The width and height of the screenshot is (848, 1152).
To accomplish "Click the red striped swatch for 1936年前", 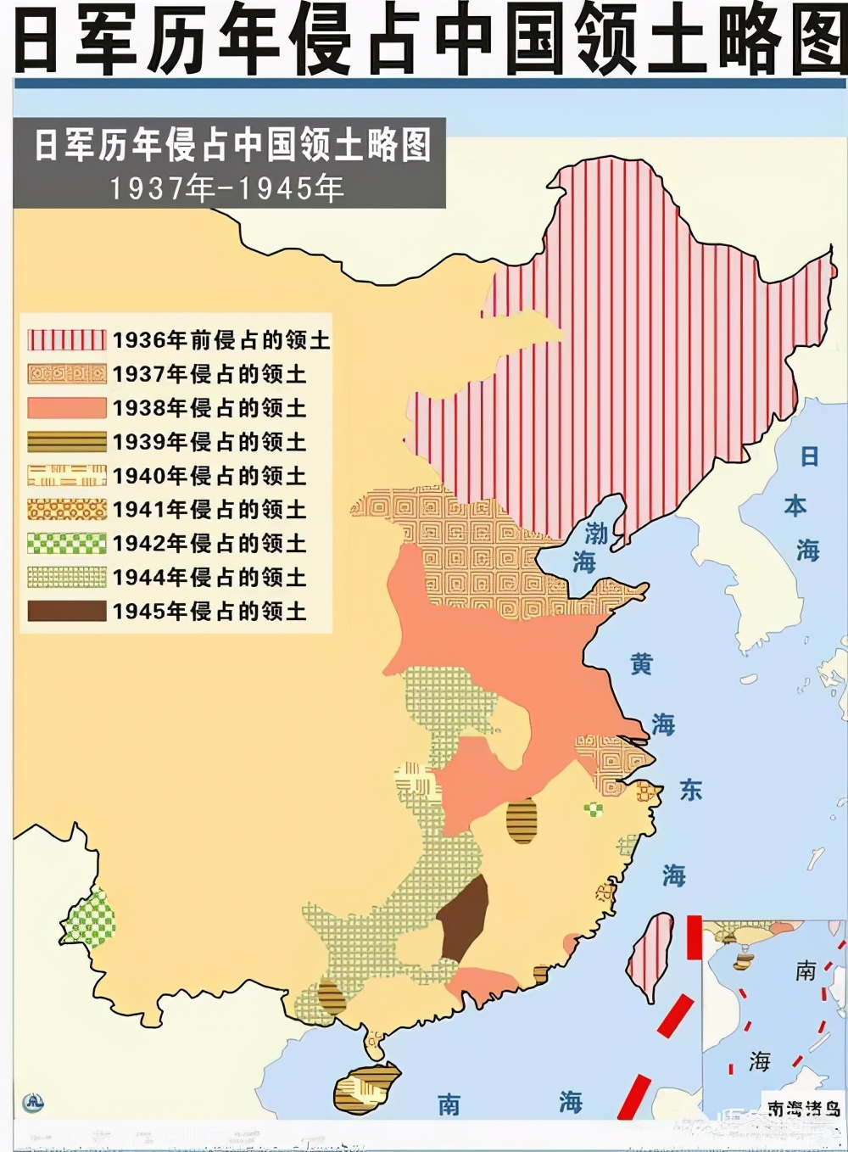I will coord(67,340).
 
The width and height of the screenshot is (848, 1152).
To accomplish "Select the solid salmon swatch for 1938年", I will coord(67,408).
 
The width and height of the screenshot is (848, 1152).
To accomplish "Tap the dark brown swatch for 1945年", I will coord(67,611).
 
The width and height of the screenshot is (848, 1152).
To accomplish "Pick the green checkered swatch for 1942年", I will coord(67,543).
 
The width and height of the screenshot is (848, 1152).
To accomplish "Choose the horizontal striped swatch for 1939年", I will coord(67,442).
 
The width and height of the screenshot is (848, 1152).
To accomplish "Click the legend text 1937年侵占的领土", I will coord(209,374).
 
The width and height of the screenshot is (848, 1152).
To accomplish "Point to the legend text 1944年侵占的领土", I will coord(209,577).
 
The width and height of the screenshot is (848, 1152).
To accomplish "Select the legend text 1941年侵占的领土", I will coord(209,509).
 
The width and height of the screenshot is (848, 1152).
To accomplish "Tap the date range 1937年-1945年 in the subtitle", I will coord(226,187).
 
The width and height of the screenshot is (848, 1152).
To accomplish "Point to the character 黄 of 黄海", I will coord(641,663).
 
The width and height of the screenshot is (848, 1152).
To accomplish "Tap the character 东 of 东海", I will coord(691,790).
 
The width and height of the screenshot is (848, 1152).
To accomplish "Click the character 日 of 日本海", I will coord(810,456).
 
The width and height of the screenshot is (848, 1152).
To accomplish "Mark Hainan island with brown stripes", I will coord(366,1088).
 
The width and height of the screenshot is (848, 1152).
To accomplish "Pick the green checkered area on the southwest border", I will coord(89,918).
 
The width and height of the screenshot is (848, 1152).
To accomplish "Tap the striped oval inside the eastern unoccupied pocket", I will coord(522,820).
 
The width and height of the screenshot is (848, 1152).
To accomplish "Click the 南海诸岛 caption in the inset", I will coord(803,1108).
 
